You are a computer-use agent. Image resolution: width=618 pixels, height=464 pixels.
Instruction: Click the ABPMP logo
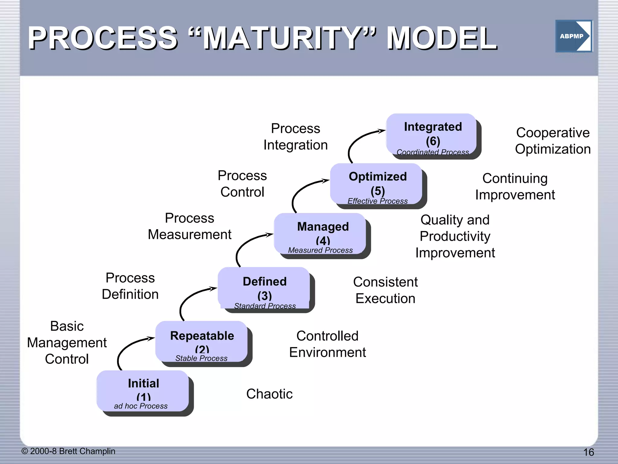pos(574,36)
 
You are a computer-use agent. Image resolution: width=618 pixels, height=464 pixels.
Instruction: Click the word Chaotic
pos(269,394)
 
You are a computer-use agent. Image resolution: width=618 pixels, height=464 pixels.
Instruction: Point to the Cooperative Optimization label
pos(553,141)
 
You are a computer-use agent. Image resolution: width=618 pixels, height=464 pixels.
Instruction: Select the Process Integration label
pos(295,137)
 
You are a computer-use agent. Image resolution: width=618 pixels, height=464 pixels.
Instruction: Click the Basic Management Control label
pos(67,343)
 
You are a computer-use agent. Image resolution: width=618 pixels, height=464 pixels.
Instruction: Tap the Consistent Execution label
pos(385,290)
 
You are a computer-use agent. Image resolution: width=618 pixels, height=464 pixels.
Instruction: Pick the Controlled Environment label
pos(327,344)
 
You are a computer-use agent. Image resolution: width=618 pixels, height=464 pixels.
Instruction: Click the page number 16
pos(588,452)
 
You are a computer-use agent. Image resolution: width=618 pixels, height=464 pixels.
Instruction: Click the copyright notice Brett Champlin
pos(68,451)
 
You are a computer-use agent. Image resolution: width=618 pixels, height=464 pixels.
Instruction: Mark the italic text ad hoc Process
pos(141,406)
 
